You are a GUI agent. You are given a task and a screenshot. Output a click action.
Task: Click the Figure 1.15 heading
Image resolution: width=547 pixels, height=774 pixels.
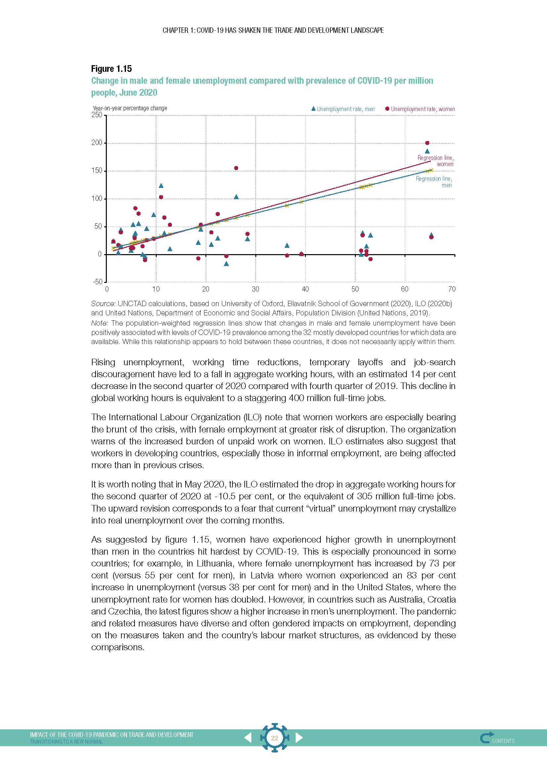click(x=111, y=69)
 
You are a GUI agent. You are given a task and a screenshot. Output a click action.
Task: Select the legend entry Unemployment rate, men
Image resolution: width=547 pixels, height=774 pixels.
click(x=343, y=109)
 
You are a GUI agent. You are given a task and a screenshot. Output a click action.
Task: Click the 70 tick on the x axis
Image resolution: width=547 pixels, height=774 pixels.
click(x=452, y=289)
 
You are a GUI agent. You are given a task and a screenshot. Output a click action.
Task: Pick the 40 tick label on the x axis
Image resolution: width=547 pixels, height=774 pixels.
click(x=305, y=289)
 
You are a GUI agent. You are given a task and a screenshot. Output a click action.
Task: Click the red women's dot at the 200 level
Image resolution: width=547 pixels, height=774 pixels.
click(x=427, y=143)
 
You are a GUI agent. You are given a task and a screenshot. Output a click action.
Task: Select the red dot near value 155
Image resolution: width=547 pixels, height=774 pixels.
click(x=236, y=168)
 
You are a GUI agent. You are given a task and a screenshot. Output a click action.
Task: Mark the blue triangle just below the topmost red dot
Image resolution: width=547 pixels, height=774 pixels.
click(x=427, y=151)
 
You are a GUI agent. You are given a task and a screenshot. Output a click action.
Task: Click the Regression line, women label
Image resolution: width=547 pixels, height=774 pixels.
click(x=435, y=161)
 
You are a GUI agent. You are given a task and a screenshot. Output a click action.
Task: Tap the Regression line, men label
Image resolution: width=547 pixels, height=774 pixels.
click(x=434, y=182)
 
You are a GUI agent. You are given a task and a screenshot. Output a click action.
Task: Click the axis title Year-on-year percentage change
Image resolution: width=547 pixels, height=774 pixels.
click(x=130, y=108)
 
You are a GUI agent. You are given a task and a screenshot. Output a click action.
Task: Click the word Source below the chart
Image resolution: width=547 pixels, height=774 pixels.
click(x=104, y=304)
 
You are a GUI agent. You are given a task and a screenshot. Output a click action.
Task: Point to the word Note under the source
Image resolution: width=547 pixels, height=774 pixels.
click(x=99, y=323)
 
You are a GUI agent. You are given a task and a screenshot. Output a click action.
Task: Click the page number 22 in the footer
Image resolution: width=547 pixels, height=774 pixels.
click(x=274, y=738)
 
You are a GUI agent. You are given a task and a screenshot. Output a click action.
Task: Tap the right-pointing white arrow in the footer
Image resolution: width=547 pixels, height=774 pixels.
click(x=299, y=738)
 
